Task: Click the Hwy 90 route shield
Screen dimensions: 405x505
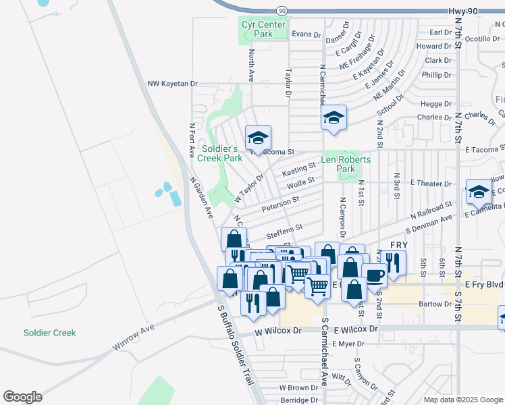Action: [282, 11]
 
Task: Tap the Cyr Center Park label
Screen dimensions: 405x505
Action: [257, 29]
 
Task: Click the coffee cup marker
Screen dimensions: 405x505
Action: [374, 275]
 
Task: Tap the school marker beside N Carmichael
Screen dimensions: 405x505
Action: [334, 118]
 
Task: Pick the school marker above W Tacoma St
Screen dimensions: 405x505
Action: [257, 139]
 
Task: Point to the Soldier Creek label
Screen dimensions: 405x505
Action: [49, 333]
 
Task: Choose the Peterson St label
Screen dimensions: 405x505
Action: [280, 202]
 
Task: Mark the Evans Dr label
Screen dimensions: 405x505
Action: [305, 34]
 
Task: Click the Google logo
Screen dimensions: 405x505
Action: [22, 397]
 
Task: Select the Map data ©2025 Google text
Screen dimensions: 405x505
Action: [462, 400]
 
